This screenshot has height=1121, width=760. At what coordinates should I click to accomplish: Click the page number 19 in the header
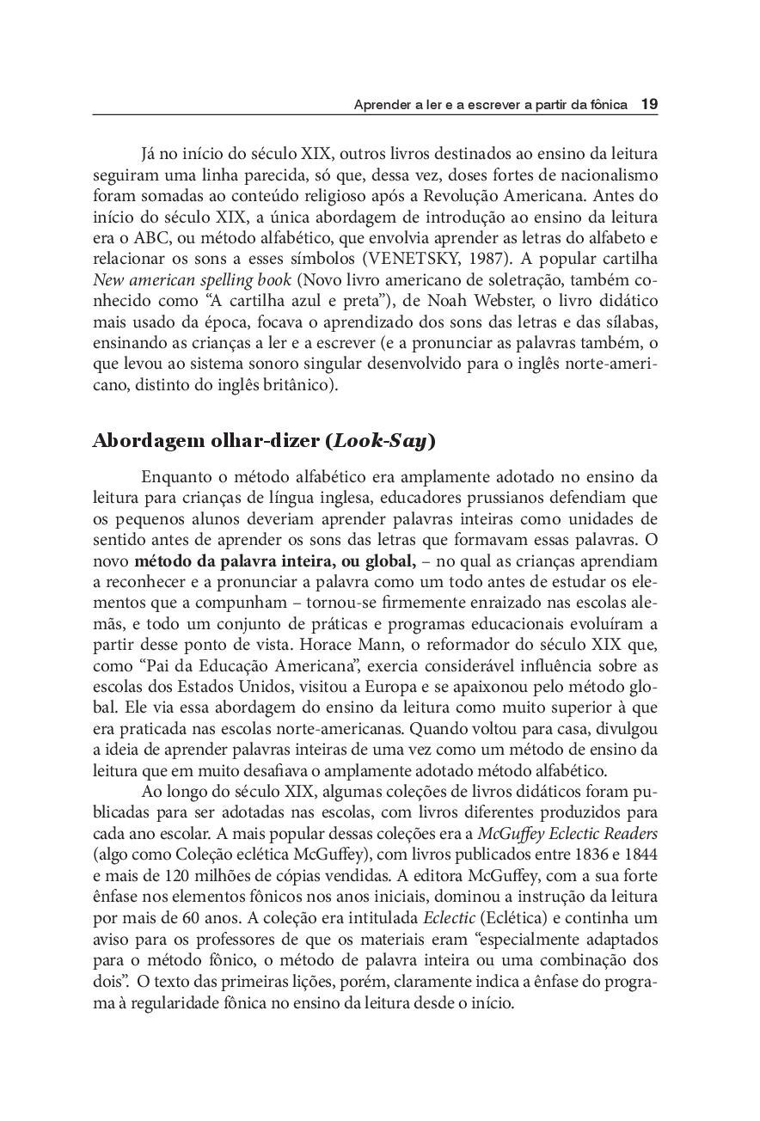[649, 104]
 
